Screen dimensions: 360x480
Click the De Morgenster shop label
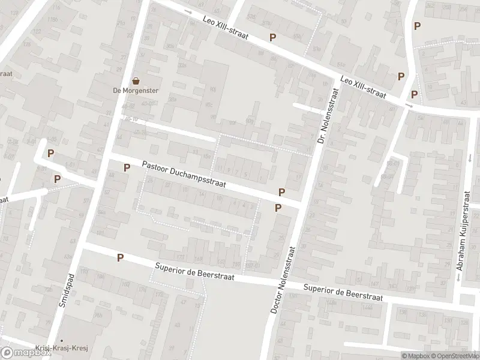(x=136, y=91)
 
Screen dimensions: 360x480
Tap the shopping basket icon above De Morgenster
(x=136, y=81)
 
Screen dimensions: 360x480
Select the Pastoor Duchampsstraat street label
(x=184, y=174)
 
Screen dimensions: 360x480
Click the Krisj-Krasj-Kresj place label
(x=80, y=350)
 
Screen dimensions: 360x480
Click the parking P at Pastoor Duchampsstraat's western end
(x=127, y=167)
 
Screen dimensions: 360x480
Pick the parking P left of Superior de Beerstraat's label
(x=121, y=257)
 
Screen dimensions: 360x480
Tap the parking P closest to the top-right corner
(x=417, y=26)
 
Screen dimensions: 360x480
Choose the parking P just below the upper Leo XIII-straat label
(x=273, y=37)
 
